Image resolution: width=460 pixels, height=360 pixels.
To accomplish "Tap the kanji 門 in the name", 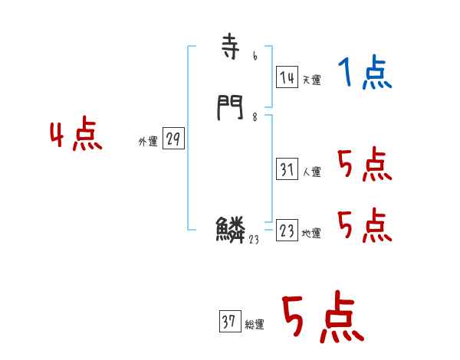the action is (x=230, y=108).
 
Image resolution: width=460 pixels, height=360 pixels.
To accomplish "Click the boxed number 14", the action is (x=287, y=77).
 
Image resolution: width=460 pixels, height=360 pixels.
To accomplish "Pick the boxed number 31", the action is (x=287, y=169).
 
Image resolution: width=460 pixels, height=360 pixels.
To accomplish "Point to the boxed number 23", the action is (x=287, y=231).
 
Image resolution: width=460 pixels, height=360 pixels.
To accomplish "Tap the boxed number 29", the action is (x=173, y=139).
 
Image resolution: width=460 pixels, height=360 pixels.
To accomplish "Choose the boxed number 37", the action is (x=229, y=322).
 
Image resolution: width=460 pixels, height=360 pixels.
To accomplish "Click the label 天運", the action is (x=311, y=80).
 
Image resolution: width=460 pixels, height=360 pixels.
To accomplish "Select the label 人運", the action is (x=311, y=172).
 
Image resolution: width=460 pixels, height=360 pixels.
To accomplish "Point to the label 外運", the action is (x=148, y=142).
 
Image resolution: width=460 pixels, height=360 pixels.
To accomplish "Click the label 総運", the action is (x=255, y=325).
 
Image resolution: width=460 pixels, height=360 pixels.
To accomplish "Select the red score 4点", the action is (x=76, y=136).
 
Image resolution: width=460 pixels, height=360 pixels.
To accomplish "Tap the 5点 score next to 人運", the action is (x=364, y=165).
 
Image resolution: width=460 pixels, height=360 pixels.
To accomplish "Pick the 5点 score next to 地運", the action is (x=364, y=226).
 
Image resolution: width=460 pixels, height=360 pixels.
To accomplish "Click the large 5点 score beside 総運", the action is (x=321, y=318).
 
